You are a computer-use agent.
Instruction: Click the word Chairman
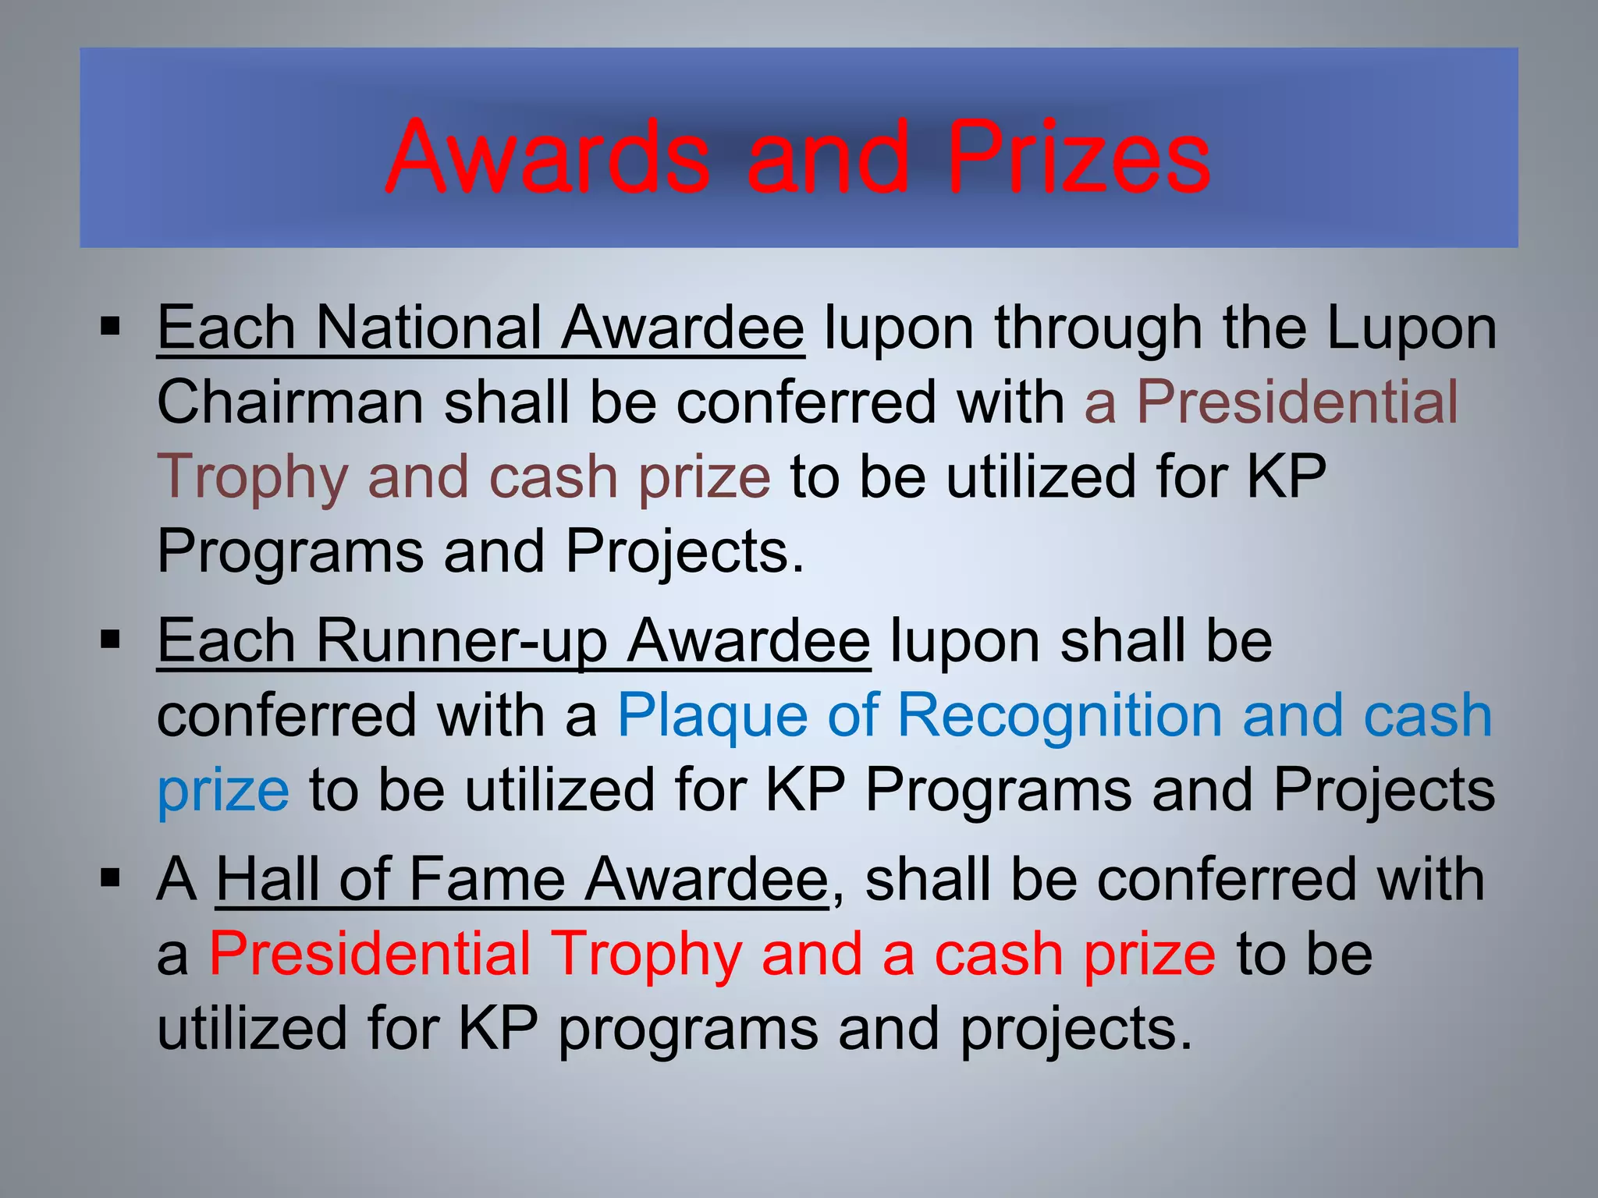(x=290, y=402)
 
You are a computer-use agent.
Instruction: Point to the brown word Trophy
(x=252, y=477)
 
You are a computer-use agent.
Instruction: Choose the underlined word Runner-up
(x=461, y=641)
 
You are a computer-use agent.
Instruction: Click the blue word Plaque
(x=712, y=716)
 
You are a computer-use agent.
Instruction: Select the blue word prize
(x=223, y=791)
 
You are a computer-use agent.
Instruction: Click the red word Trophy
(x=648, y=955)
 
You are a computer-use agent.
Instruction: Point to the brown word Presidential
(x=1296, y=402)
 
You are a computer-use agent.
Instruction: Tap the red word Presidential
(x=370, y=955)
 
